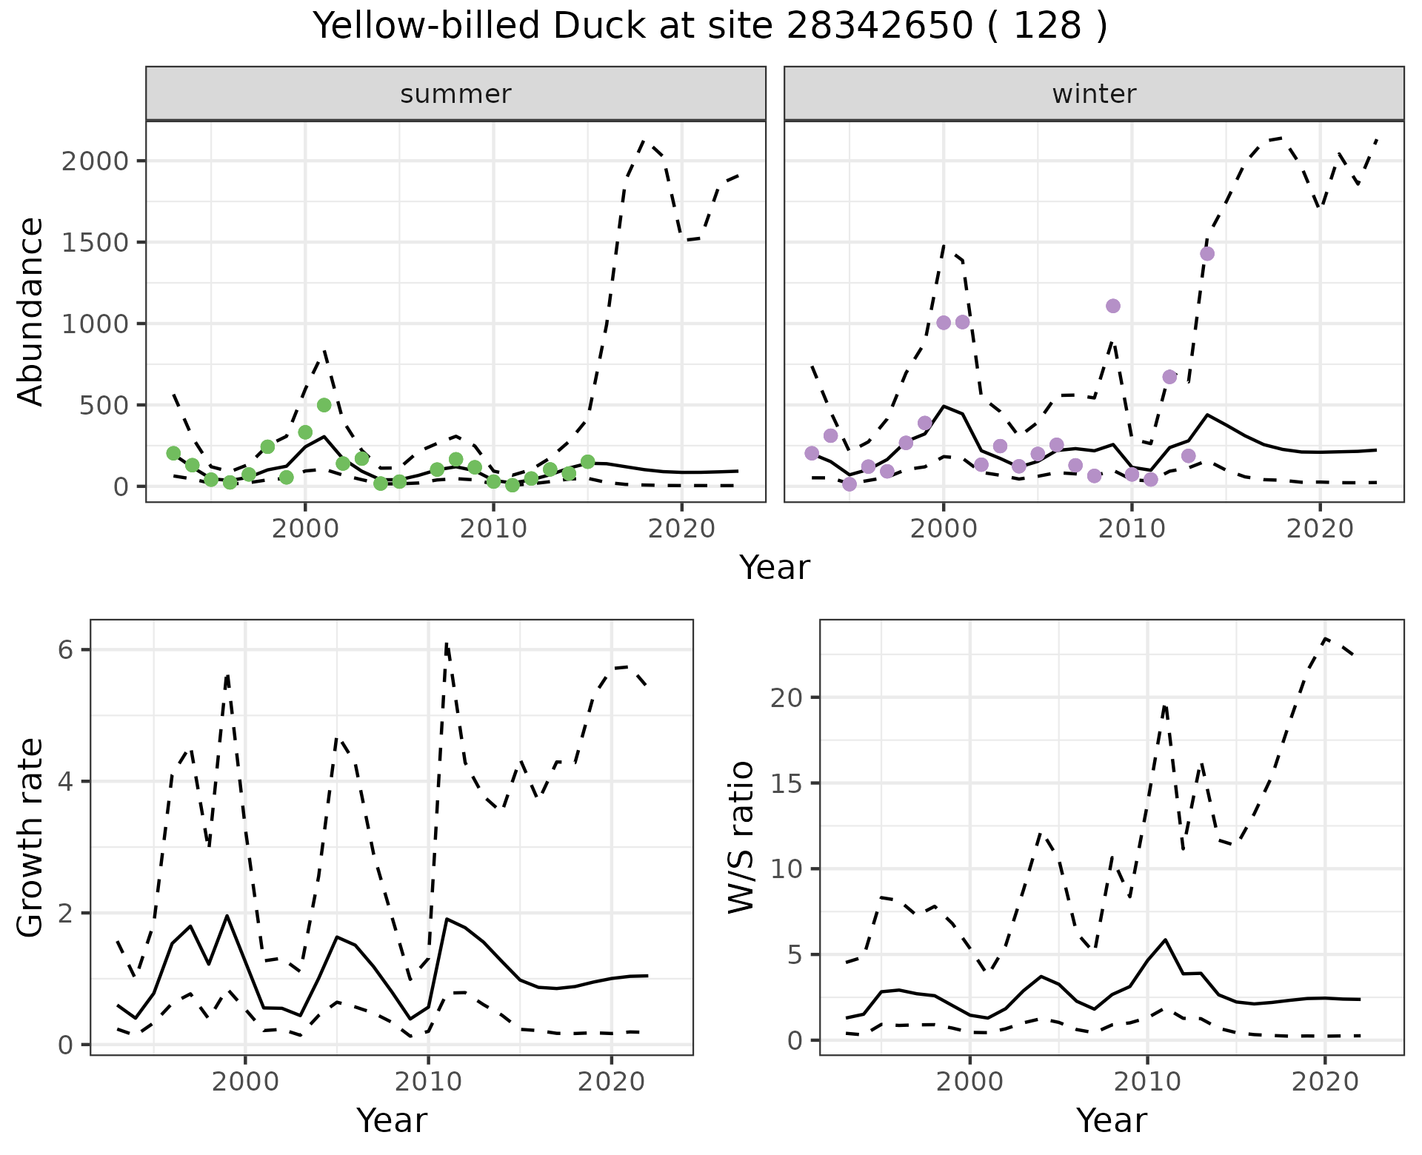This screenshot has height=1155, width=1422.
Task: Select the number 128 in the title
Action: click(1047, 26)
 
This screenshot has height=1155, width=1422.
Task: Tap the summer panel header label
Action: click(455, 94)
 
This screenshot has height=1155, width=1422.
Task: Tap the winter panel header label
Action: click(1094, 94)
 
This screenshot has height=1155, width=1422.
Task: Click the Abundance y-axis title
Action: click(30, 311)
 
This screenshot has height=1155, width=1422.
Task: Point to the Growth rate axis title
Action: click(30, 837)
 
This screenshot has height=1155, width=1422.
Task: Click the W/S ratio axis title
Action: click(741, 837)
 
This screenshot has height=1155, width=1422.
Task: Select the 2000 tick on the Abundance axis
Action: click(94, 161)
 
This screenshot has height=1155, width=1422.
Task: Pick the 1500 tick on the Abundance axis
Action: click(94, 243)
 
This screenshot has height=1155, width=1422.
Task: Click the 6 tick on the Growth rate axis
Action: click(65, 650)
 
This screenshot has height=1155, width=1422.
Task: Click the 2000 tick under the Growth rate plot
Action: click(245, 1082)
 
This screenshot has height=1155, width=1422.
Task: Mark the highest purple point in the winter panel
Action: click(1207, 254)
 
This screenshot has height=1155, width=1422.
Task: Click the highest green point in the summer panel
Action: click(324, 405)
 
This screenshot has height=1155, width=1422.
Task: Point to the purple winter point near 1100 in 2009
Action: click(1112, 306)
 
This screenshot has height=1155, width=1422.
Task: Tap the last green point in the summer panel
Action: click(587, 462)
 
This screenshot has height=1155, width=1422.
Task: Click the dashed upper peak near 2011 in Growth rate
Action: click(447, 644)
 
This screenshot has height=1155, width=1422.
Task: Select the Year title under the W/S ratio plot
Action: click(1111, 1120)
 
